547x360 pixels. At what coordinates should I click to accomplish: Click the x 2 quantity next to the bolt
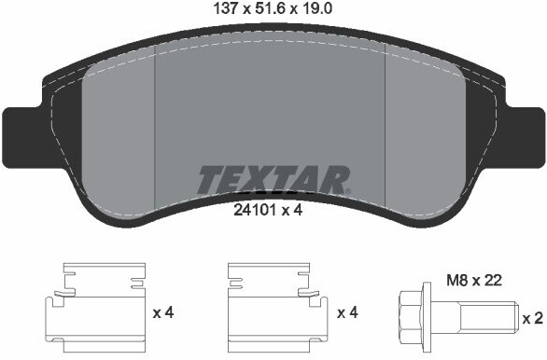pyautogui.click(x=533, y=318)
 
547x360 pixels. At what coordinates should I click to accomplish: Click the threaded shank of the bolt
pyautogui.click(x=484, y=318)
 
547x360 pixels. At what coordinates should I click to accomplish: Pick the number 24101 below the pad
pyautogui.click(x=254, y=211)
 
